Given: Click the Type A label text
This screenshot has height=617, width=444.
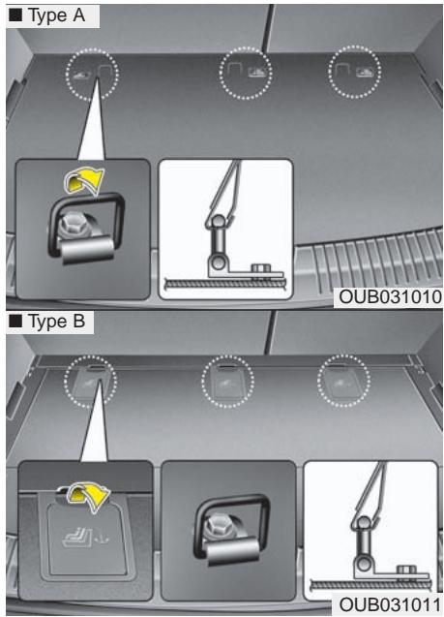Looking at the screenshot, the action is (56, 16).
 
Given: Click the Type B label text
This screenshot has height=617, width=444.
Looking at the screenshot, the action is (56, 322).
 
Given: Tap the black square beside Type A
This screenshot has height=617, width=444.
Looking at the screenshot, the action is (15, 16).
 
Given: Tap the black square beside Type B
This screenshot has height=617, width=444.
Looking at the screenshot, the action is (15, 322).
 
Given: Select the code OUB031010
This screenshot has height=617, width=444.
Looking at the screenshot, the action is (390, 297).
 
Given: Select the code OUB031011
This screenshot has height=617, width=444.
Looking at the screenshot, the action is (390, 604).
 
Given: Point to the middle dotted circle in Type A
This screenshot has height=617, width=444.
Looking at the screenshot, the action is (246, 47).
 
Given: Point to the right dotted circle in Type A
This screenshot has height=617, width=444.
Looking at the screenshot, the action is (354, 46).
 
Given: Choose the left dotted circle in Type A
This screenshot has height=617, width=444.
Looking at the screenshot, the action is (92, 49).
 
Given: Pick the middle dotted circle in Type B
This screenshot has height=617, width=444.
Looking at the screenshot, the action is (228, 355).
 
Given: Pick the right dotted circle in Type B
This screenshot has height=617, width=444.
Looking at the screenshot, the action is (343, 355).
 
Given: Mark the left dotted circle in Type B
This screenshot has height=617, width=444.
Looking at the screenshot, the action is (90, 355).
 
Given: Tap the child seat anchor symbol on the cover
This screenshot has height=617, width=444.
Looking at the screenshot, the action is (82, 537).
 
